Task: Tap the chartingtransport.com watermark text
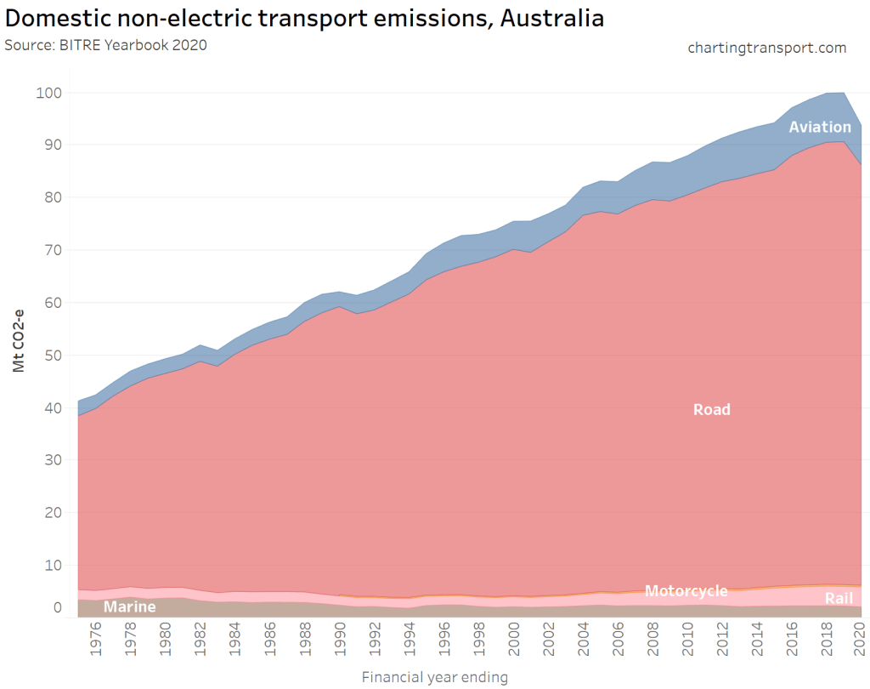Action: (766, 48)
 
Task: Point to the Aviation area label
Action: (819, 127)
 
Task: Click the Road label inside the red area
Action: (711, 409)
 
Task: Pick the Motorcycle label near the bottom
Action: (686, 591)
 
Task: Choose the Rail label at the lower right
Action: (839, 599)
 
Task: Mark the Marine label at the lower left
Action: (129, 607)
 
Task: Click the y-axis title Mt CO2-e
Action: (19, 340)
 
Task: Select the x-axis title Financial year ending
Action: (434, 678)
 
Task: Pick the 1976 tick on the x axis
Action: (97, 645)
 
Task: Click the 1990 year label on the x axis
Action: (340, 645)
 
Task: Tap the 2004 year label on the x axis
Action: (584, 645)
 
